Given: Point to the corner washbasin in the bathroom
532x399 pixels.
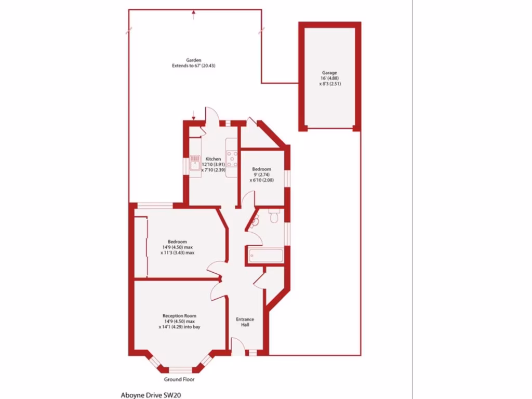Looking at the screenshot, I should tap(255, 222).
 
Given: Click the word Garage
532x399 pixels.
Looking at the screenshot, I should tap(329, 73).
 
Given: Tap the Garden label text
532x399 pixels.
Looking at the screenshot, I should tap(194, 60).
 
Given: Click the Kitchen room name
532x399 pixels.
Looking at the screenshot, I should tap(213, 159).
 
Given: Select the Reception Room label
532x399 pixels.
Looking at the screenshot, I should tap(179, 315).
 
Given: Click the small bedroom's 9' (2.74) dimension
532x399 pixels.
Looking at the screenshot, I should tap(261, 175).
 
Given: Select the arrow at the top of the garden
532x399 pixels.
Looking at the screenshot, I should tap(194, 15).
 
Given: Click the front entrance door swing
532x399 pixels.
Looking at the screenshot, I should tap(237, 344).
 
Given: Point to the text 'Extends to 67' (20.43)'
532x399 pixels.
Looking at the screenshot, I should tap(194, 66).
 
